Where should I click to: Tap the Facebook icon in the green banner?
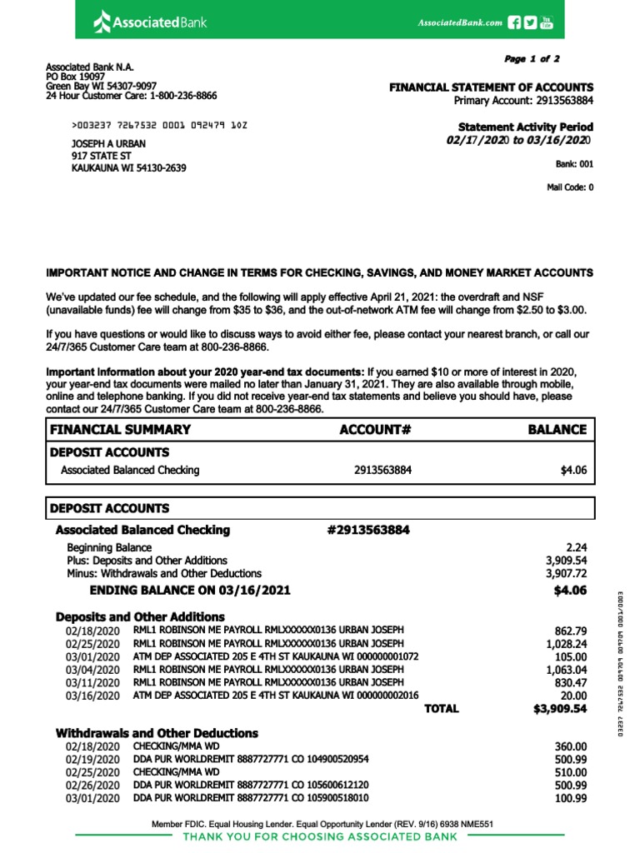(514, 22)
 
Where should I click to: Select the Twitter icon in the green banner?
(530, 22)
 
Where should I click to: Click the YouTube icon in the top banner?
(547, 22)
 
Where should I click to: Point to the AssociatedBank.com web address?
(459, 23)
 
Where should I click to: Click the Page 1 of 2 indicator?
(532, 59)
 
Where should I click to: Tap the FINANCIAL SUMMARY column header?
(121, 430)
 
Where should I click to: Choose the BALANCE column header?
(557, 430)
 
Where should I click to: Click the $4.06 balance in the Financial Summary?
(574, 470)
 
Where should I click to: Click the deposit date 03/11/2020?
(92, 683)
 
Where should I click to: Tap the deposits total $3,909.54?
(560, 709)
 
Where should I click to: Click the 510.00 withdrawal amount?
(571, 772)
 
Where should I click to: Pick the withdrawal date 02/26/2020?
(92, 786)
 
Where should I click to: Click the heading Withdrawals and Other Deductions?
(157, 733)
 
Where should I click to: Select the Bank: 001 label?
(575, 164)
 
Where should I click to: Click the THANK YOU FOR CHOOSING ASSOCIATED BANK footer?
(320, 836)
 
